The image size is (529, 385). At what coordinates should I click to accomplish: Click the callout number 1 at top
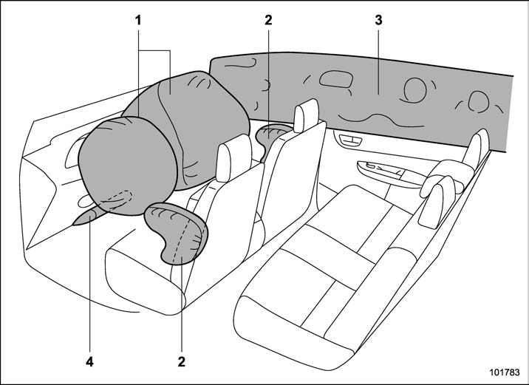pos(138,21)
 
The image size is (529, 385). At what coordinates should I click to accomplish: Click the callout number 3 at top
pos(378,20)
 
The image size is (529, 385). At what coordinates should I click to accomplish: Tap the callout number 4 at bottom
pos(89,362)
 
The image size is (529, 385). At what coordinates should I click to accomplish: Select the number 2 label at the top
pos(268,20)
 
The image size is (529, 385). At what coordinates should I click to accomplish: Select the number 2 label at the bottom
pos(182,362)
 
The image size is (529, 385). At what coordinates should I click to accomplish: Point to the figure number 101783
pos(505,372)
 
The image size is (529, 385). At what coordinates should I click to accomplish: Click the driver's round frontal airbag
pos(128,166)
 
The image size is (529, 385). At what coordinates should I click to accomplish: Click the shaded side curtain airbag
pos(361,101)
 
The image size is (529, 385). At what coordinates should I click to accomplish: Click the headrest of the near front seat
pos(233,157)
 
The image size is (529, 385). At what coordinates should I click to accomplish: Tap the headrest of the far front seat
pos(306,115)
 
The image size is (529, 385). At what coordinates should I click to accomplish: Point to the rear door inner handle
pos(350,140)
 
